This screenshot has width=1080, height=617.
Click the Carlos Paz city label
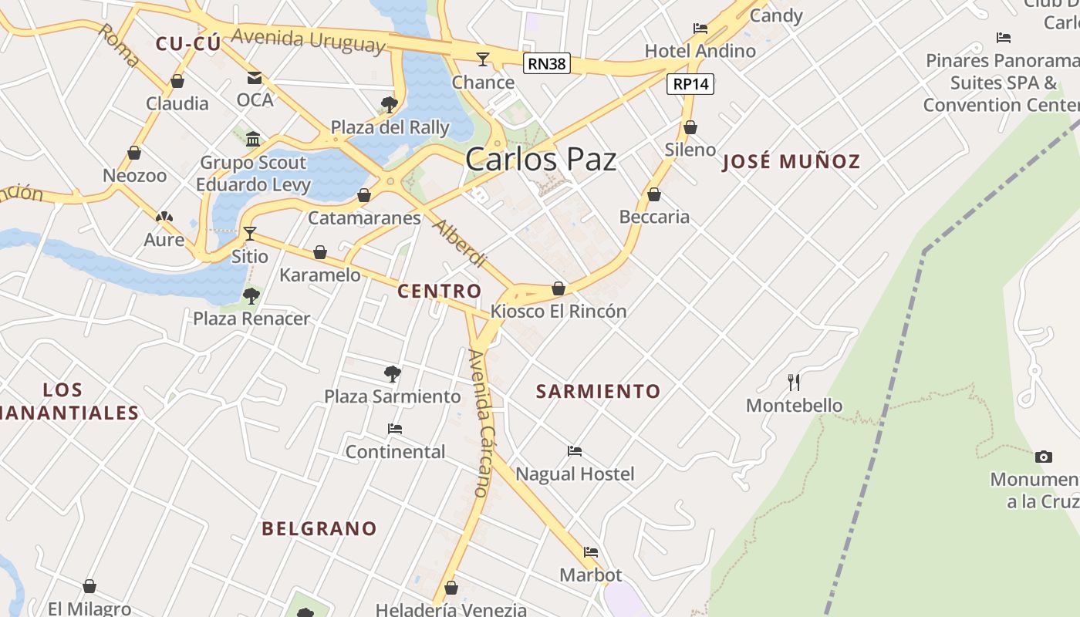(541, 160)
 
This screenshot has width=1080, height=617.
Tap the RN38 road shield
(547, 63)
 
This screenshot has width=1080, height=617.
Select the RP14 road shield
(690, 83)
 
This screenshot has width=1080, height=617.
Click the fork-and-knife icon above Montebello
(794, 382)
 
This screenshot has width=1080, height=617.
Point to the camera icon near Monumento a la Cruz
(1043, 457)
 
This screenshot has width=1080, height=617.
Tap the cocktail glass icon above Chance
(483, 59)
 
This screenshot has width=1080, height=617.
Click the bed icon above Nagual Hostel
(575, 450)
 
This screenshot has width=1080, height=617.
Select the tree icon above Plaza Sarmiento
(392, 374)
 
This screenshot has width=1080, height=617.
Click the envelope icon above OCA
(255, 77)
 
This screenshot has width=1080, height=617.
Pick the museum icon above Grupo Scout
(253, 139)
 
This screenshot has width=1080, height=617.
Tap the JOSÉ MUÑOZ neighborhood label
(791, 162)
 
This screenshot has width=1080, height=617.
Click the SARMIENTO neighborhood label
(599, 392)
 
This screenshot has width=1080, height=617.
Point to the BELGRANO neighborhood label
(319, 529)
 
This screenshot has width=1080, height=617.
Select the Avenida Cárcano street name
(479, 423)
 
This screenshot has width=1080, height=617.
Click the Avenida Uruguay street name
(308, 39)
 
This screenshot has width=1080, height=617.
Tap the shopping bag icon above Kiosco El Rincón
(559, 288)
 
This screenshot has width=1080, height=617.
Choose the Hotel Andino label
(700, 51)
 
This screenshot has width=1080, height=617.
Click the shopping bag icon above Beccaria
(654, 194)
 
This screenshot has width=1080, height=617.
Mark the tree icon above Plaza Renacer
(251, 295)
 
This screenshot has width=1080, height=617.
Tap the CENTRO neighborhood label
(439, 292)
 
